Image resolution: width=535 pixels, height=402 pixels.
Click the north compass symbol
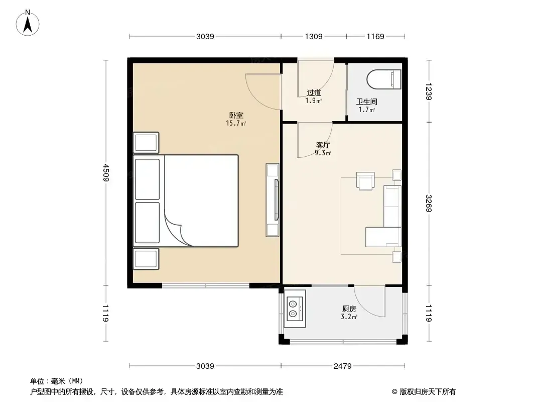click(x=28, y=23)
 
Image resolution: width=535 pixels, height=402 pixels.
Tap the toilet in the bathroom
click(x=384, y=79)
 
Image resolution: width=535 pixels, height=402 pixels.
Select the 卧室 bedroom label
click(x=236, y=116)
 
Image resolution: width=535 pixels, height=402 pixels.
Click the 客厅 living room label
click(x=323, y=145)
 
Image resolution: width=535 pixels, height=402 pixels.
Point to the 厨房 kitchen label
click(x=349, y=309)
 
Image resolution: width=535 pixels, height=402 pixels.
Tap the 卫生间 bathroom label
click(x=366, y=102)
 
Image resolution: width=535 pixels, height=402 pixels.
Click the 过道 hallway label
click(x=314, y=92)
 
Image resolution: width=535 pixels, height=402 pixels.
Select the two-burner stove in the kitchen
click(x=295, y=309)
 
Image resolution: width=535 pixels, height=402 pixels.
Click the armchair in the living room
click(x=365, y=180)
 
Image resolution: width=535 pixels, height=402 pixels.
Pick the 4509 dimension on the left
click(x=106, y=173)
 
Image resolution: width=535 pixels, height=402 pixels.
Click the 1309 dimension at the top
click(x=314, y=36)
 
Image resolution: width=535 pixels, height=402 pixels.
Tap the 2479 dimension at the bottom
click(x=343, y=366)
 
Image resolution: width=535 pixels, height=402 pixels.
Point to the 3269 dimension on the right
click(x=429, y=203)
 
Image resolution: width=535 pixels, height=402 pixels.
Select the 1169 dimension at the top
click(x=375, y=36)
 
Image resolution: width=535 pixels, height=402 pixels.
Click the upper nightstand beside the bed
click(x=146, y=142)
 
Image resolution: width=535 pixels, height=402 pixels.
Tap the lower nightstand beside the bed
click(x=146, y=259)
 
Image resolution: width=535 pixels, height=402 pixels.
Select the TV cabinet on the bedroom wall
click(x=273, y=200)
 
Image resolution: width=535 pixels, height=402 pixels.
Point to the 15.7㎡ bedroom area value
click(x=236, y=123)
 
